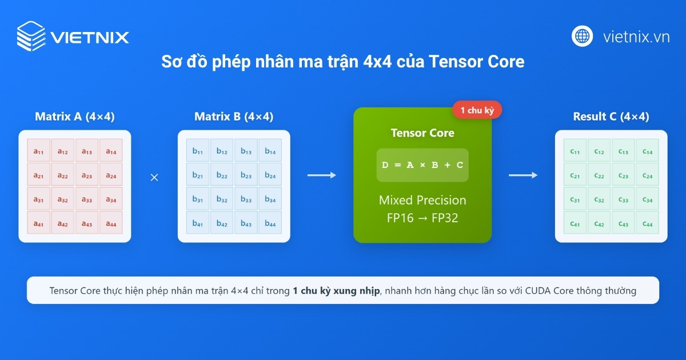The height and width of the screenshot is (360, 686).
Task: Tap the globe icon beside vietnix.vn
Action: (582, 36)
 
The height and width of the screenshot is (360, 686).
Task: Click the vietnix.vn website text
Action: (636, 37)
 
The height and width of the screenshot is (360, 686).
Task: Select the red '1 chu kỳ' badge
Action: (477, 110)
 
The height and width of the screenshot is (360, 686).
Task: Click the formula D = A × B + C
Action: (422, 165)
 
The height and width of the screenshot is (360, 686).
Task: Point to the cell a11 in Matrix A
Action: (39, 151)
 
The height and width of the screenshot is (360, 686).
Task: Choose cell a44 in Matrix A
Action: (111, 223)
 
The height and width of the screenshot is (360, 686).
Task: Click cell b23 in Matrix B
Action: (246, 175)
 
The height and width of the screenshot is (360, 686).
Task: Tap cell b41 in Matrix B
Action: (198, 223)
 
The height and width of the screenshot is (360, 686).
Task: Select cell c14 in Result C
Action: (647, 151)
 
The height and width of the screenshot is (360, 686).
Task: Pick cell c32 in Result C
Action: (599, 199)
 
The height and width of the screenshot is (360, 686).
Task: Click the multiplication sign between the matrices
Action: (154, 178)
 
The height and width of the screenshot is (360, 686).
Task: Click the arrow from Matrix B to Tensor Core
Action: (322, 175)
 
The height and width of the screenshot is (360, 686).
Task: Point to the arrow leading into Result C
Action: (523, 175)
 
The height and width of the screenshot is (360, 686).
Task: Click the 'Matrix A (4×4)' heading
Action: (75, 117)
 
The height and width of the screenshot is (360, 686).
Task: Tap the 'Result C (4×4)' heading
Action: (611, 117)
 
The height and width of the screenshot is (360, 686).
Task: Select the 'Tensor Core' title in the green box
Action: (422, 133)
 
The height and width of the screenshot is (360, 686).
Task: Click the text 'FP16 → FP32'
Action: (422, 218)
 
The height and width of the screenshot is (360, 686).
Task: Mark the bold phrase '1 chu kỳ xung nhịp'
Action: (336, 291)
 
